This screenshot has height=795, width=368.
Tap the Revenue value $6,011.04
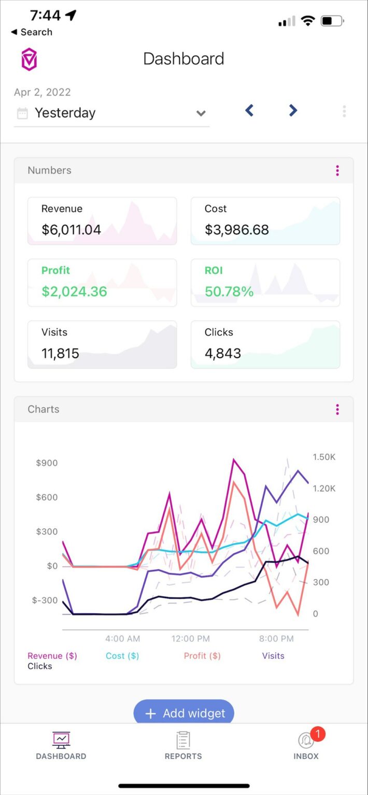click(71, 230)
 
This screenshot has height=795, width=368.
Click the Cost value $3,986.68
click(237, 230)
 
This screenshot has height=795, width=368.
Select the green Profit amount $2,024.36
click(74, 291)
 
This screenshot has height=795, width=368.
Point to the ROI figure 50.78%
click(229, 291)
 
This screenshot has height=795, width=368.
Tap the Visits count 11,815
click(60, 354)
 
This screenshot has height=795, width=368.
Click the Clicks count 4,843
click(223, 354)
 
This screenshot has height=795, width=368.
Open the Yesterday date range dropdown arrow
click(201, 113)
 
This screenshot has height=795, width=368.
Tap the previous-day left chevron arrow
click(249, 110)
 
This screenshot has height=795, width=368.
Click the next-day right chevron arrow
click(293, 110)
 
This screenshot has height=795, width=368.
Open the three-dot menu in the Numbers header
click(337, 170)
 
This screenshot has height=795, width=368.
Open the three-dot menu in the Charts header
click(337, 409)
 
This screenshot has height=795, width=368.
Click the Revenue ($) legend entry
click(52, 656)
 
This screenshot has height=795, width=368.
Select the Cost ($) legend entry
click(122, 656)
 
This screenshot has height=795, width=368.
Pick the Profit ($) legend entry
click(202, 656)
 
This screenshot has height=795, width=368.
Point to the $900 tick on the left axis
click(47, 463)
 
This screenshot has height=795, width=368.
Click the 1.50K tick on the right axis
click(324, 457)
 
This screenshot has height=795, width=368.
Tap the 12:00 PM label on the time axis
click(190, 639)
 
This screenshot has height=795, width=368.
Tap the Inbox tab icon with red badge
click(306, 741)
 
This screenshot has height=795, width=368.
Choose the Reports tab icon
click(183, 741)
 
